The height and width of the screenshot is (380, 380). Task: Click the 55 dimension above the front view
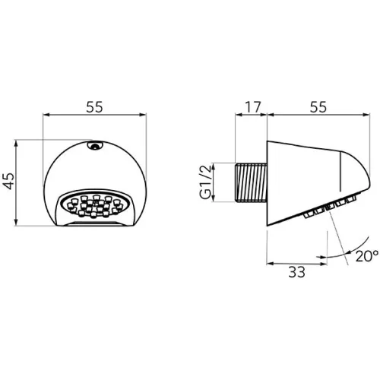94,107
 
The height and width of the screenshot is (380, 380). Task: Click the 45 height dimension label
9,181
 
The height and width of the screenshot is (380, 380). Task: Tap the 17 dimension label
253,107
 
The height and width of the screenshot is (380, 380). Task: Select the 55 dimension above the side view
318,107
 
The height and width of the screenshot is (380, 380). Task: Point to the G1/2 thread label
205,182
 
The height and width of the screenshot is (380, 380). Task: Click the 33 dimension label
297,272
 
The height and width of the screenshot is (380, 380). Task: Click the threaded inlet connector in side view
252,183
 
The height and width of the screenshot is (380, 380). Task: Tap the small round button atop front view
95,146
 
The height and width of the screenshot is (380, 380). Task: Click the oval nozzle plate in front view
95,204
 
